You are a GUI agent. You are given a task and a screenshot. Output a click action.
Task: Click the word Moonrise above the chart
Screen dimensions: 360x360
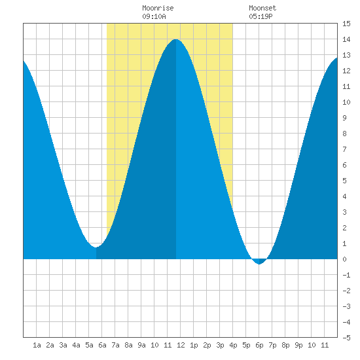coord(158,8)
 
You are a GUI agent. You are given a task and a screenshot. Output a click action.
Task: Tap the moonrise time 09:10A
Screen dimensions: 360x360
coord(154,16)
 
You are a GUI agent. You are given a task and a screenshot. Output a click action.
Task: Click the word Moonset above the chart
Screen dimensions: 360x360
coord(262,8)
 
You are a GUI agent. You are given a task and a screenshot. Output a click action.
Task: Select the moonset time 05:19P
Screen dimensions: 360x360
coord(261,16)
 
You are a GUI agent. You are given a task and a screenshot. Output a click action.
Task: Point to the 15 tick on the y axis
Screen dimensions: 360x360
coord(346,24)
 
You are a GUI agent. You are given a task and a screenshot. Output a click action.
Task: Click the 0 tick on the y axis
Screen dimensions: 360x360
coord(344,259)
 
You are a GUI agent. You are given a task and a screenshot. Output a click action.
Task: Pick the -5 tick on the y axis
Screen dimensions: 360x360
coord(346,338)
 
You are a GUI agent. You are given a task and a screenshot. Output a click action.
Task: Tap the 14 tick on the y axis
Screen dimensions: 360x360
coord(346,39)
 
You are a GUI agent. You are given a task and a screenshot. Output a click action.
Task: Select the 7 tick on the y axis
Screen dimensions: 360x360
coord(344,149)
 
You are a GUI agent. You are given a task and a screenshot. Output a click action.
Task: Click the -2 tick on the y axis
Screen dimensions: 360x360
coord(346,291)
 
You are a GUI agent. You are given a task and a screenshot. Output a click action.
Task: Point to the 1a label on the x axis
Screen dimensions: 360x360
coord(37,345)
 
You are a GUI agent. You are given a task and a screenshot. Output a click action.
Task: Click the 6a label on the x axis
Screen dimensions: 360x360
coord(102,345)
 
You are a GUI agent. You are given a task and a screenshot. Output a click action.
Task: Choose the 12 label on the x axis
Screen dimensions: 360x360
coord(181,345)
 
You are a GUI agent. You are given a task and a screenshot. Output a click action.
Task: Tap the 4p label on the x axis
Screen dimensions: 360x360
coord(233,345)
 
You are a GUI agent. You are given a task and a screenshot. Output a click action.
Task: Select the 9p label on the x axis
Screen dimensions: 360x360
coord(298,345)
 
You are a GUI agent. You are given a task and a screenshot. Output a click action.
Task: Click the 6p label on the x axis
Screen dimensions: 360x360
coord(259,345)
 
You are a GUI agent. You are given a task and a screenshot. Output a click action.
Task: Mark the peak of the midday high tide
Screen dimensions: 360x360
coord(175,39)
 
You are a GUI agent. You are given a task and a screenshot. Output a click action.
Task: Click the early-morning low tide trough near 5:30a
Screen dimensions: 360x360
coord(96,247)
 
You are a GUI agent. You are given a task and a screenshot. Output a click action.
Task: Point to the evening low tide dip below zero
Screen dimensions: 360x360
coord(259,264)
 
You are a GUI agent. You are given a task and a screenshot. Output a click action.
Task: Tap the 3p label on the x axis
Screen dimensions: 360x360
coord(220,345)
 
